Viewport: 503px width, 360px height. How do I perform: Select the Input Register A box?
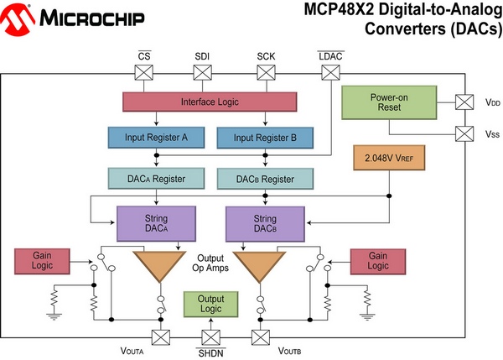point(155,138)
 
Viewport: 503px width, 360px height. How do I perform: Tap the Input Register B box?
point(265,138)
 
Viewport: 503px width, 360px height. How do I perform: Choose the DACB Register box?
point(264,179)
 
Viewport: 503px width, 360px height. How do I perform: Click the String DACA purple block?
point(157,224)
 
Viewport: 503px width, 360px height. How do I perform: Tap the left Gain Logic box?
point(42,260)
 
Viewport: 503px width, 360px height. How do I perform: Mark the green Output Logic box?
point(210,304)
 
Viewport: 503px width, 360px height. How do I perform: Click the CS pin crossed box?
point(143,73)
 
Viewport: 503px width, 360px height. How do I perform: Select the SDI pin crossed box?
point(203,73)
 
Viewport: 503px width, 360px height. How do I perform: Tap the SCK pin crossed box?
point(267,73)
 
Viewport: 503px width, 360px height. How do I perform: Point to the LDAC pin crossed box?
point(331,73)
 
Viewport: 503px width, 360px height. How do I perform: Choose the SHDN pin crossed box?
point(210,337)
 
